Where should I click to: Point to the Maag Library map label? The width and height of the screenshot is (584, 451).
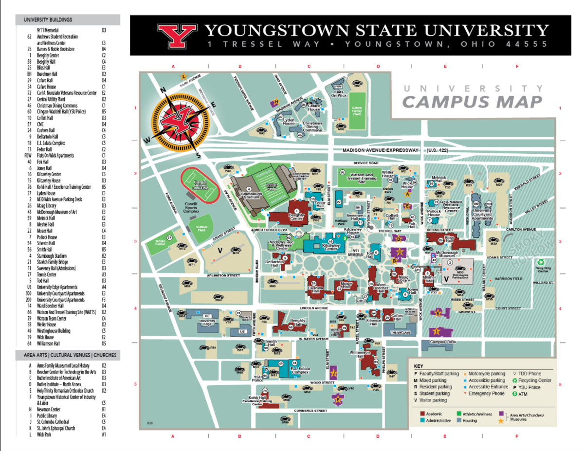[403, 279]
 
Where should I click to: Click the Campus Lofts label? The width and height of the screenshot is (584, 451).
[442, 342]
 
